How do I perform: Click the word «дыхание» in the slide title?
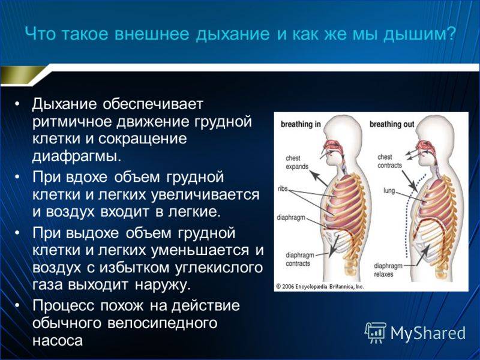point(233,34)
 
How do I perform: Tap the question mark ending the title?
point(451,34)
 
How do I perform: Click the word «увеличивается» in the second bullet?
point(205,194)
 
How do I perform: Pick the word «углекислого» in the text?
point(218,267)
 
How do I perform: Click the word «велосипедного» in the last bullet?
point(162,323)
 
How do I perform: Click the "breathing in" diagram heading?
point(301,124)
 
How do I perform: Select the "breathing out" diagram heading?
point(392,124)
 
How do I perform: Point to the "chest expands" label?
point(296,162)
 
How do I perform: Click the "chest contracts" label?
point(389,161)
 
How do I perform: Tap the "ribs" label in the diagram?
point(283,189)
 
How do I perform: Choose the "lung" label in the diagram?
point(389,191)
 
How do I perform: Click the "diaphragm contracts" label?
point(300,259)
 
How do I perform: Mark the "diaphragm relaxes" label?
point(388,269)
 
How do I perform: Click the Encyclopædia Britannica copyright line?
point(320,287)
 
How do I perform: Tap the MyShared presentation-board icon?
point(375,332)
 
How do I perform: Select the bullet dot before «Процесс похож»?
point(17,305)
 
